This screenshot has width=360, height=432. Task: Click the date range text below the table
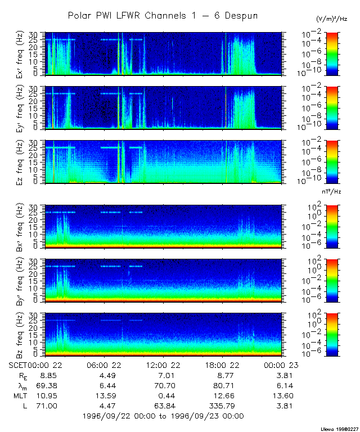(163, 416)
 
